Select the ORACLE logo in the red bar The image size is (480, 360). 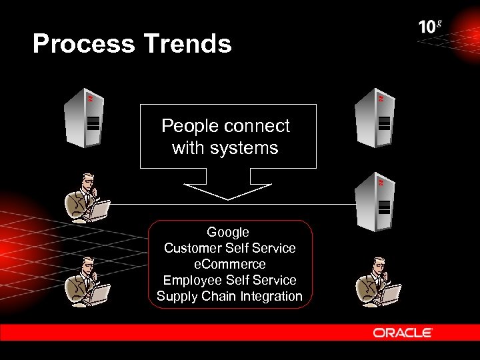point(403,333)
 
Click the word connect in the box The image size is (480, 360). point(257,126)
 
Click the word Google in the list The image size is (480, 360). point(228,232)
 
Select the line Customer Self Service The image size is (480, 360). point(229,248)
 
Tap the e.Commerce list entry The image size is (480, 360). point(229,264)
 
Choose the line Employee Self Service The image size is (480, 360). point(229,280)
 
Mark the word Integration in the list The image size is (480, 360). point(271,296)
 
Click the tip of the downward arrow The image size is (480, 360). point(228,199)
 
